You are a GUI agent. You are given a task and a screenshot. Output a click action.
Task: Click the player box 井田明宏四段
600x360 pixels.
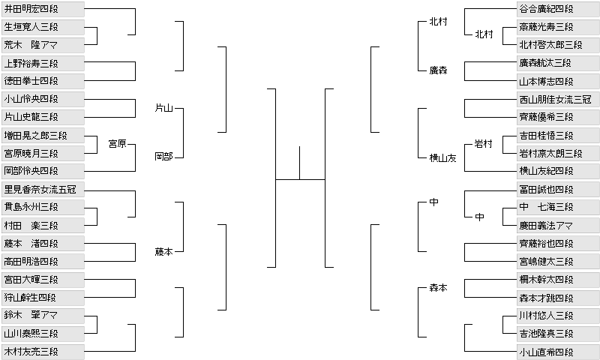tap(42, 8)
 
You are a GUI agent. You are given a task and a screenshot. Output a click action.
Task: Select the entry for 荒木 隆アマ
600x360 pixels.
tap(42, 44)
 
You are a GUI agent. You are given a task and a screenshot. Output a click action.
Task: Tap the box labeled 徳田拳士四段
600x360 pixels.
tap(42, 80)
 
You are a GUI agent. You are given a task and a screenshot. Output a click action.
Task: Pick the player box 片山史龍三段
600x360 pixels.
tap(42, 116)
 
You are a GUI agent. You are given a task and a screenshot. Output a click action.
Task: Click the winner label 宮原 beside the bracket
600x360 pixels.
tap(117, 143)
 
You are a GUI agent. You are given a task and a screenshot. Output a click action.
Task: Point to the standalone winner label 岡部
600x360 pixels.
tap(163, 157)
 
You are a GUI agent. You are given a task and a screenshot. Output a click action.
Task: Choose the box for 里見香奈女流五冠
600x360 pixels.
tap(42, 189)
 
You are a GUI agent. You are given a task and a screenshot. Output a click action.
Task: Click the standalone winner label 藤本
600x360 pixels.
tap(163, 252)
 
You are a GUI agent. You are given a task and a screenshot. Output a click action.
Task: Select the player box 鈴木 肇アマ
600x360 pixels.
tap(42, 315)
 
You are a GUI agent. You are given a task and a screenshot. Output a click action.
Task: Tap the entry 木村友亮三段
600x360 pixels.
tap(42, 351)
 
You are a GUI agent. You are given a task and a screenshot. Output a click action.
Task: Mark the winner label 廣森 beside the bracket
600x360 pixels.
tap(438, 70)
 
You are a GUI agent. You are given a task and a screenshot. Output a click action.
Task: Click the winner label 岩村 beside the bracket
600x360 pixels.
tap(484, 143)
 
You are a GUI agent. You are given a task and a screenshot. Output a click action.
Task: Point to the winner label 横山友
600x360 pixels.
tap(442, 157)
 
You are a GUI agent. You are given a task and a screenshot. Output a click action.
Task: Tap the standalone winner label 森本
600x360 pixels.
tap(438, 288)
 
